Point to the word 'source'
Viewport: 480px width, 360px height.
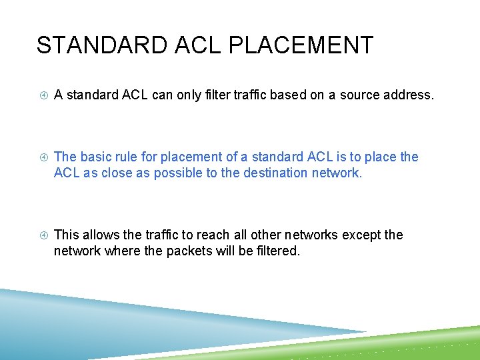pyautogui.click(x=361, y=95)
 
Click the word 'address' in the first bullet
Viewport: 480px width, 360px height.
pyautogui.click(x=409, y=95)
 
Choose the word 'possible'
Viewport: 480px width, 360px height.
pyautogui.click(x=178, y=174)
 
